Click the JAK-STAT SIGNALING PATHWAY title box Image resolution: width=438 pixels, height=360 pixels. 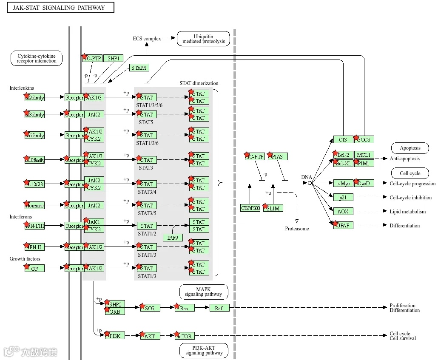(61, 8)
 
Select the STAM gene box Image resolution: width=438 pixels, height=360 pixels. (139, 68)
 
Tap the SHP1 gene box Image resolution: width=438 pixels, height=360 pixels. (113, 59)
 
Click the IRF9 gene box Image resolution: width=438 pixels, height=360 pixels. (173, 238)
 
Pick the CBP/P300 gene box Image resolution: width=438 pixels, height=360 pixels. (250, 208)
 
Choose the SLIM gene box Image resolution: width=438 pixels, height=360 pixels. (273, 208)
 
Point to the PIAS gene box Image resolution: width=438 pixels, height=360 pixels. (277, 156)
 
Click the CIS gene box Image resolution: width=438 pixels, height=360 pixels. (343, 139)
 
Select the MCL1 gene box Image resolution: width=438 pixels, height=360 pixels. (364, 155)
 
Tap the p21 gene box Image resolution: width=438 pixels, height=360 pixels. (343, 197)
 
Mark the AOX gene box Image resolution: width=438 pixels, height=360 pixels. (343, 211)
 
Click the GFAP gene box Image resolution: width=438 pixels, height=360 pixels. (343, 225)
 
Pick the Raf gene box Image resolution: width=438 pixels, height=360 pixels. (219, 308)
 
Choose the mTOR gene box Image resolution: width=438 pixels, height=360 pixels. (185, 336)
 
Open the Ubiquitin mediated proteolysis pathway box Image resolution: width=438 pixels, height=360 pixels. (203, 39)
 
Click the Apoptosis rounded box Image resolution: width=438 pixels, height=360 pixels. (410, 148)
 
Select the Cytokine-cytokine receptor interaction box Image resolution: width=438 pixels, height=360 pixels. (37, 59)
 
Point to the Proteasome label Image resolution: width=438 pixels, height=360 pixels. (297, 229)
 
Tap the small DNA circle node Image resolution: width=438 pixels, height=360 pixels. (310, 183)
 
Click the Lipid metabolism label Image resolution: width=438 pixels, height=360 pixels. (407, 211)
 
